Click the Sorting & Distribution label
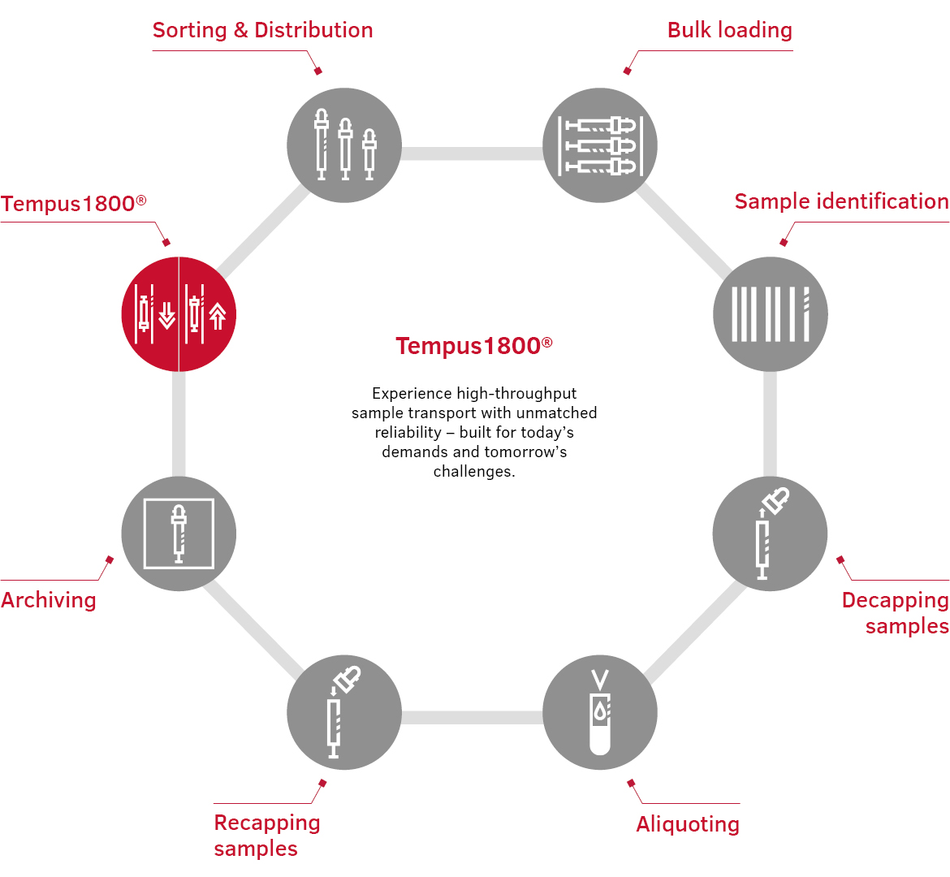(262, 31)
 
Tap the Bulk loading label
(729, 31)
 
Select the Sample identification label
(841, 201)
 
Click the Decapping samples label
(895, 612)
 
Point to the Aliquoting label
(688, 824)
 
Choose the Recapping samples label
(266, 835)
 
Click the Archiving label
(49, 600)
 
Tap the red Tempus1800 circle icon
(179, 314)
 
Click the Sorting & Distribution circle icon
(344, 145)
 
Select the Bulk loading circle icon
(600, 145)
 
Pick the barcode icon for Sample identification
(770, 314)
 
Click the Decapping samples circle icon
(770, 534)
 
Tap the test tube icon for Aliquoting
(600, 712)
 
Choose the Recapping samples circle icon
(344, 712)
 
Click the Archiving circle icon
(179, 534)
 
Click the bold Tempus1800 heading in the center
(474, 346)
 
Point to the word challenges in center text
(473, 472)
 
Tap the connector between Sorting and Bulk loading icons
(472, 153)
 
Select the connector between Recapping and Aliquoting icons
(472, 717)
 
